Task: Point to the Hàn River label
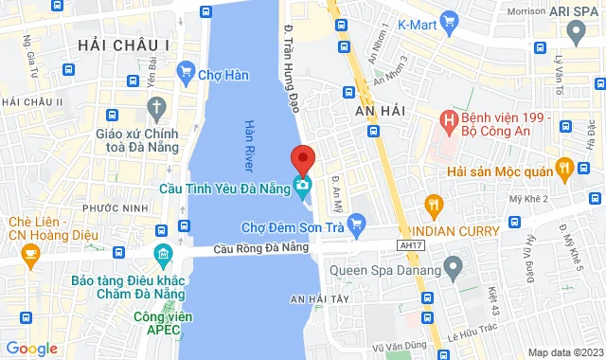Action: [250, 139]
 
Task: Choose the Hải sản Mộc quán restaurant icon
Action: [563, 170]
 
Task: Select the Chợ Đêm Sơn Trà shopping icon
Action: [356, 225]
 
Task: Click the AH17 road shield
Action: [411, 244]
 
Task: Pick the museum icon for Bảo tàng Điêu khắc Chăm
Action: [162, 256]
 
